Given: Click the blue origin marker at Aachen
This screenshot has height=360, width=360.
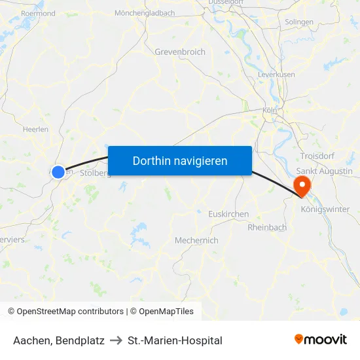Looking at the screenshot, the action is [58, 171].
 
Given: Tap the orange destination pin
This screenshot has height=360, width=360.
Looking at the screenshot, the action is [302, 184].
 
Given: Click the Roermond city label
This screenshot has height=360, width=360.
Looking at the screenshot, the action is [38, 12].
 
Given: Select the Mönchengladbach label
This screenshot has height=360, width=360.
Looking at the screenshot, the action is [145, 12].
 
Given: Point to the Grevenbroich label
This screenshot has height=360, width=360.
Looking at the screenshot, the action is [180, 52].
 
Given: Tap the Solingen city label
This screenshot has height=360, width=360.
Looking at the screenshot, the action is [299, 22].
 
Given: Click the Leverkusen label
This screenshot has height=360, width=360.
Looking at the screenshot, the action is [277, 75].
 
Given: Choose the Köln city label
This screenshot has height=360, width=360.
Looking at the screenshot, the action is [270, 111].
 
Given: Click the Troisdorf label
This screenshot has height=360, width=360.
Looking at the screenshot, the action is [317, 155].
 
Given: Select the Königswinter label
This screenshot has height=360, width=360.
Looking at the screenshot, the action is [325, 209].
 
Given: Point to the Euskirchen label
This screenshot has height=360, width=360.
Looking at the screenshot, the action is [228, 214].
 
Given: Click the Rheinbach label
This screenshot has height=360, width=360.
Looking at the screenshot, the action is [267, 227].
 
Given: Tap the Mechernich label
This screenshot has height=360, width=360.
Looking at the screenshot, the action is [196, 240].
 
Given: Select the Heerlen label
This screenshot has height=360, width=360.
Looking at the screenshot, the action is [35, 130].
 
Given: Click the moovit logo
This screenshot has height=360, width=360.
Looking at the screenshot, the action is [321, 340].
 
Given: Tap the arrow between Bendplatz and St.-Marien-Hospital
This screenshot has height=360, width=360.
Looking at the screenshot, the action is [117, 340].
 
